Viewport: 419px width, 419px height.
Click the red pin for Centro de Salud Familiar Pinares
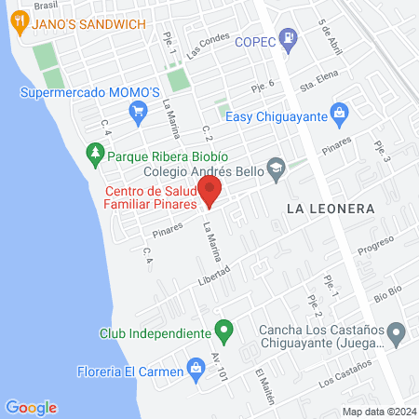(209, 192)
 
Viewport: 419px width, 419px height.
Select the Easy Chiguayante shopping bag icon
(339, 115)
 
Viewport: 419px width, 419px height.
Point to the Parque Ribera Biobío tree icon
(94, 152)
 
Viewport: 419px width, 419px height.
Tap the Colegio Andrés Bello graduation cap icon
(275, 169)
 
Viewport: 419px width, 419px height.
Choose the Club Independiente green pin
(223, 330)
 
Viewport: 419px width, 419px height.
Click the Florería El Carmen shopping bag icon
(196, 368)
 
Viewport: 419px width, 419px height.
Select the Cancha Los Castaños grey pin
(397, 332)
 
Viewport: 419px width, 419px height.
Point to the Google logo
(31, 407)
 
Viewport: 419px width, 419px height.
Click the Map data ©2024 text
(377, 411)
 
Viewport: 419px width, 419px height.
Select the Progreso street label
(376, 245)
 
